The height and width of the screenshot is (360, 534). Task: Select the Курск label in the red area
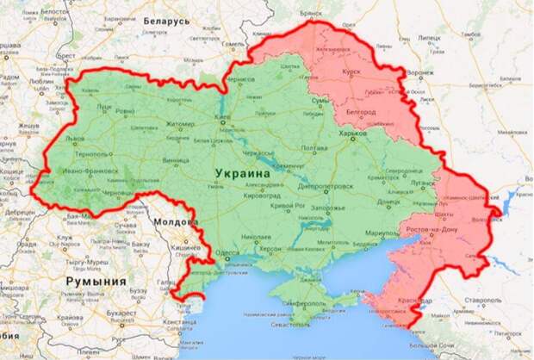click(352, 73)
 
